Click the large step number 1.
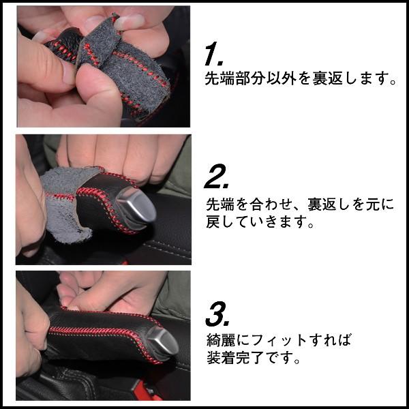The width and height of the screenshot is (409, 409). (x=213, y=54)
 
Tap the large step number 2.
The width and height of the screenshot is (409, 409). (x=215, y=176)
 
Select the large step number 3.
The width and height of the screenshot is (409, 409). (x=217, y=314)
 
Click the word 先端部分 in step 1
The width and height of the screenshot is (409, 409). (x=236, y=78)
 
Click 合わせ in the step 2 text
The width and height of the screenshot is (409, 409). (x=272, y=204)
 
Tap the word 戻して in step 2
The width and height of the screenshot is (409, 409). (x=229, y=222)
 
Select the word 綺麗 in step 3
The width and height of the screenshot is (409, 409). (x=221, y=340)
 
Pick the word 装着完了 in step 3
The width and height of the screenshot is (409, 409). (x=237, y=357)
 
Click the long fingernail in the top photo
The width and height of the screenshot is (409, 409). (x=129, y=22)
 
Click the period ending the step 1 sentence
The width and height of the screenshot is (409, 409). (x=393, y=82)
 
